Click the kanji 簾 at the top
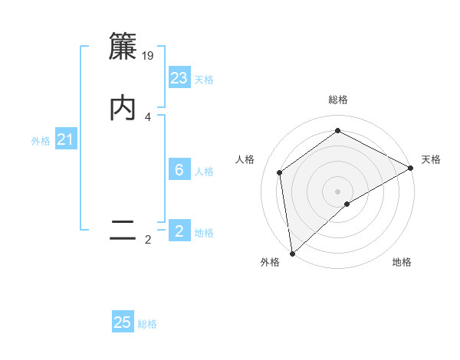coord(123,47)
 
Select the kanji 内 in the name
coord(123,108)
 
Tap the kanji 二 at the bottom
coord(123,231)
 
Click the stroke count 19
coord(149,55)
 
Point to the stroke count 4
coord(148,116)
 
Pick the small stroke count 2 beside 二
coord(148,240)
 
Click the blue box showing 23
coord(179,78)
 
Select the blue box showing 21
coord(65,139)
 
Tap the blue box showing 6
coord(179,170)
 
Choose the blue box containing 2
coord(179,231)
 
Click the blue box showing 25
coord(123,322)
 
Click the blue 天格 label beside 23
coord(204,80)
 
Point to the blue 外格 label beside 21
coord(41,141)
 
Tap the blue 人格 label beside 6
coord(204,172)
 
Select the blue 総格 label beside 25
coord(147,324)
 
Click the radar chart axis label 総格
coord(338,100)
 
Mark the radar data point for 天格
coord(411,169)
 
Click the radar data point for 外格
coord(292,253)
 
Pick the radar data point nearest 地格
coord(347,204)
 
